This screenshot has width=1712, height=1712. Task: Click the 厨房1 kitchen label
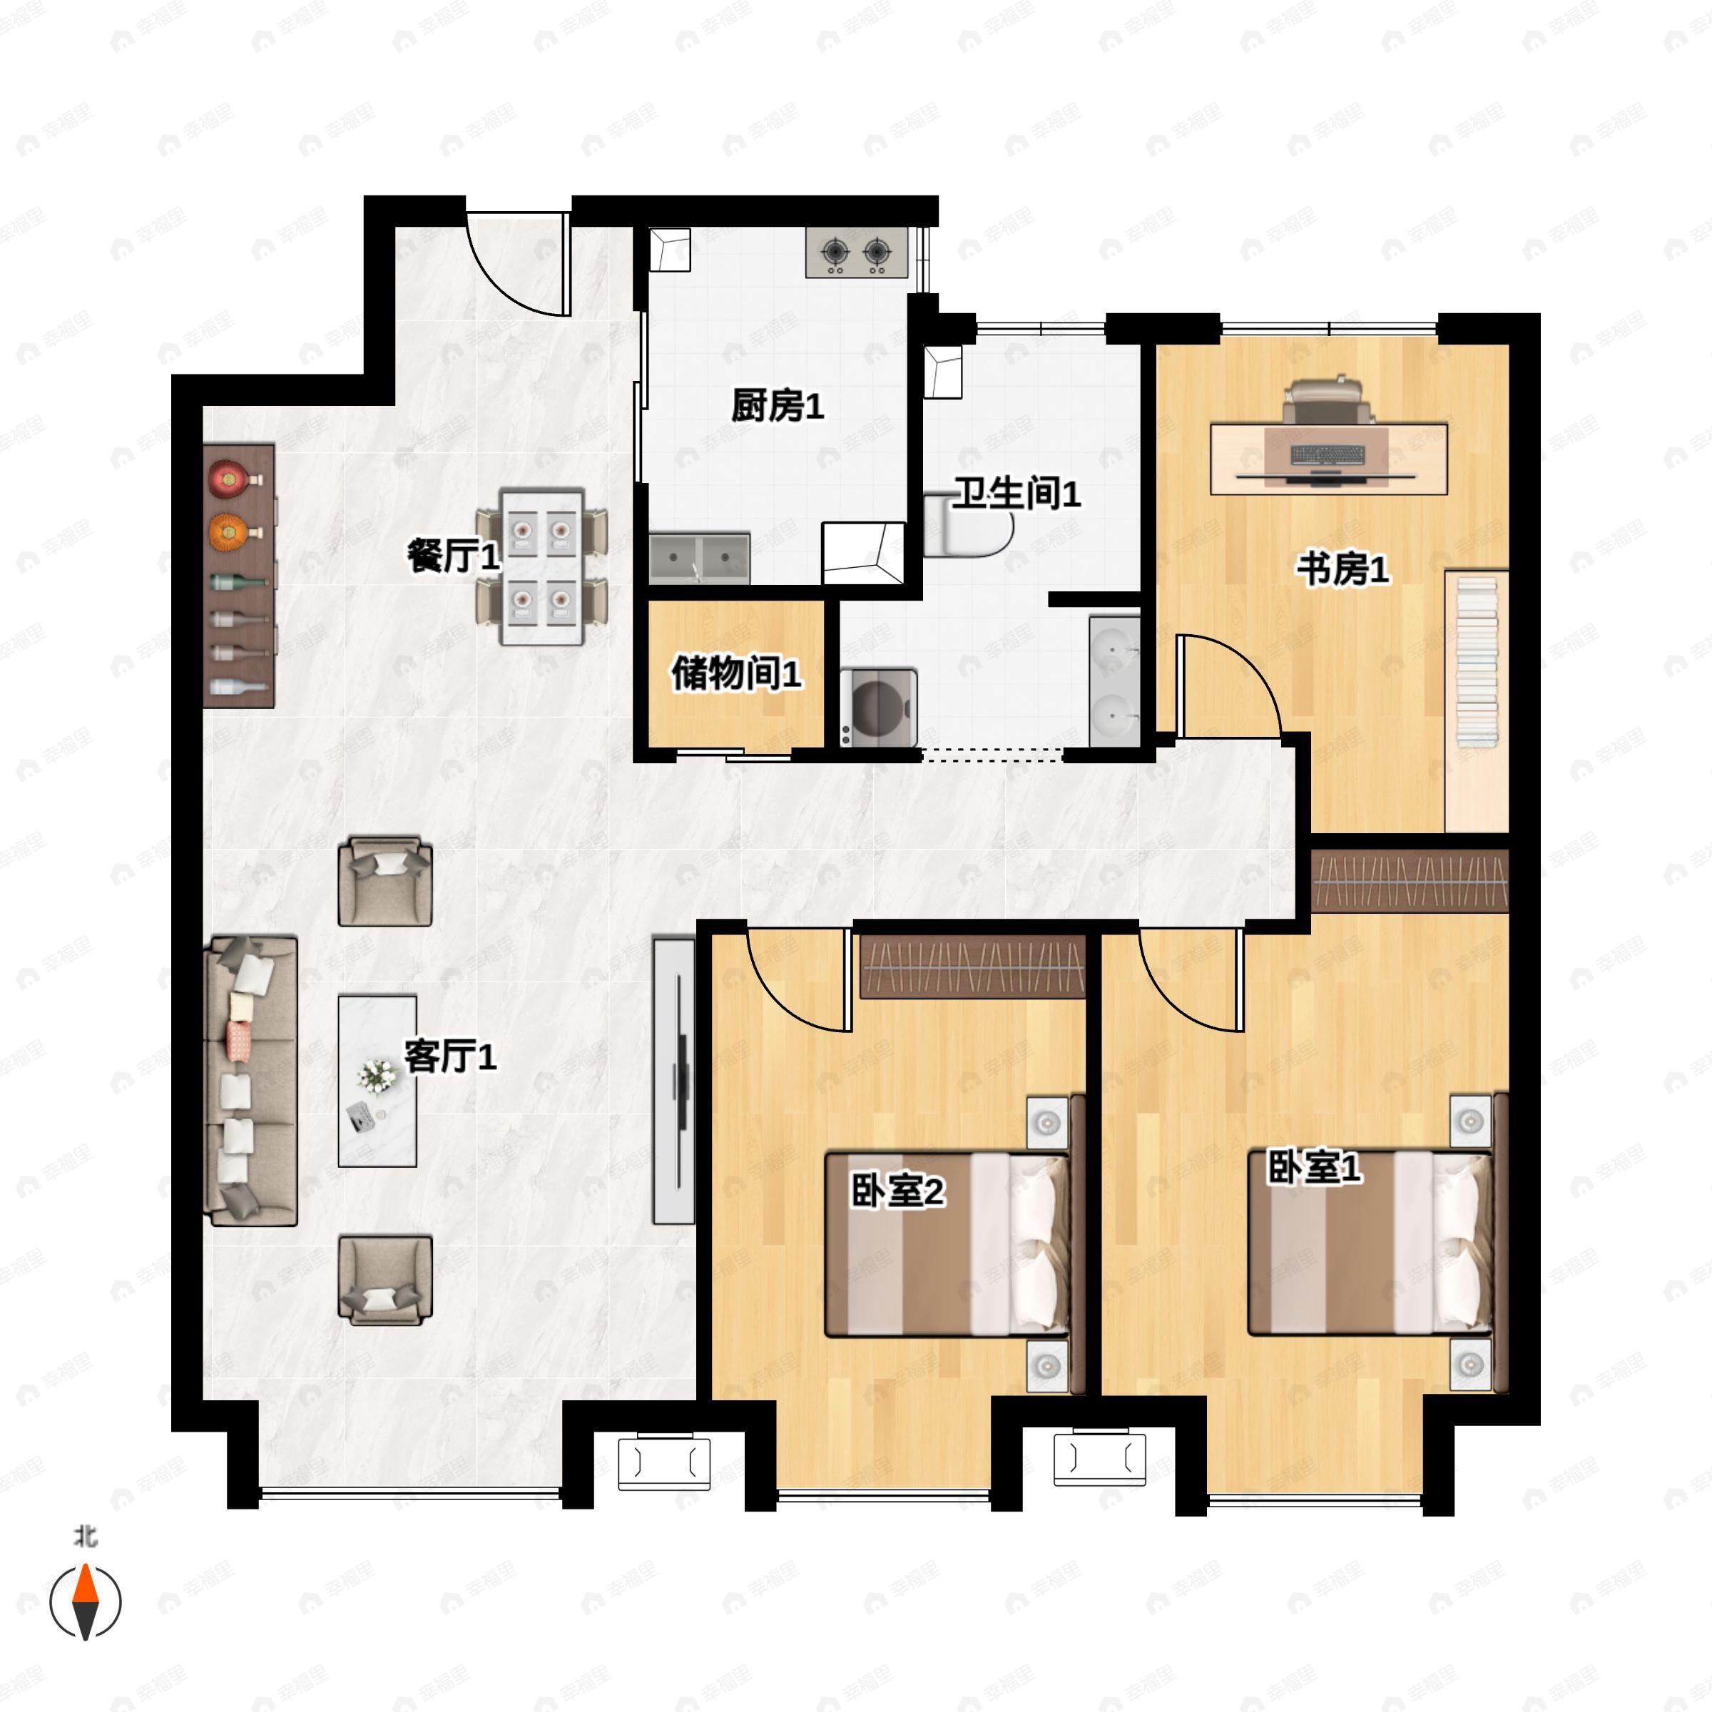point(777,407)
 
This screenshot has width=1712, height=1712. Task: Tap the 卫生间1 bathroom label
point(1017,494)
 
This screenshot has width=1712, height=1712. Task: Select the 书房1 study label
point(1342,569)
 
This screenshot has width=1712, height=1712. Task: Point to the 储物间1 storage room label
point(736,674)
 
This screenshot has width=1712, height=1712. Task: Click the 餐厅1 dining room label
point(454,556)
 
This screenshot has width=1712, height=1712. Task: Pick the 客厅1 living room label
point(450,1056)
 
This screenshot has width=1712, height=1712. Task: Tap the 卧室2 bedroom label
point(897,1191)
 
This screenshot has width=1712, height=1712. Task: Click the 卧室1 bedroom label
point(1314,1168)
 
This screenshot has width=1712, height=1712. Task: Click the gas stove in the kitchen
point(857,253)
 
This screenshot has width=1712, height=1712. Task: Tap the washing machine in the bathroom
point(879,707)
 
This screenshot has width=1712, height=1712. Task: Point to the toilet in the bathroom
point(969,526)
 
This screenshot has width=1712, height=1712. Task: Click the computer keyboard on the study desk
point(1328,454)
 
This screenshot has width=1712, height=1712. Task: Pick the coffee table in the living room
point(377,1080)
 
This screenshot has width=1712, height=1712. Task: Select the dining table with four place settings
point(541,566)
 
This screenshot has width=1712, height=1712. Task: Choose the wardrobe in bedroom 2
point(973,967)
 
